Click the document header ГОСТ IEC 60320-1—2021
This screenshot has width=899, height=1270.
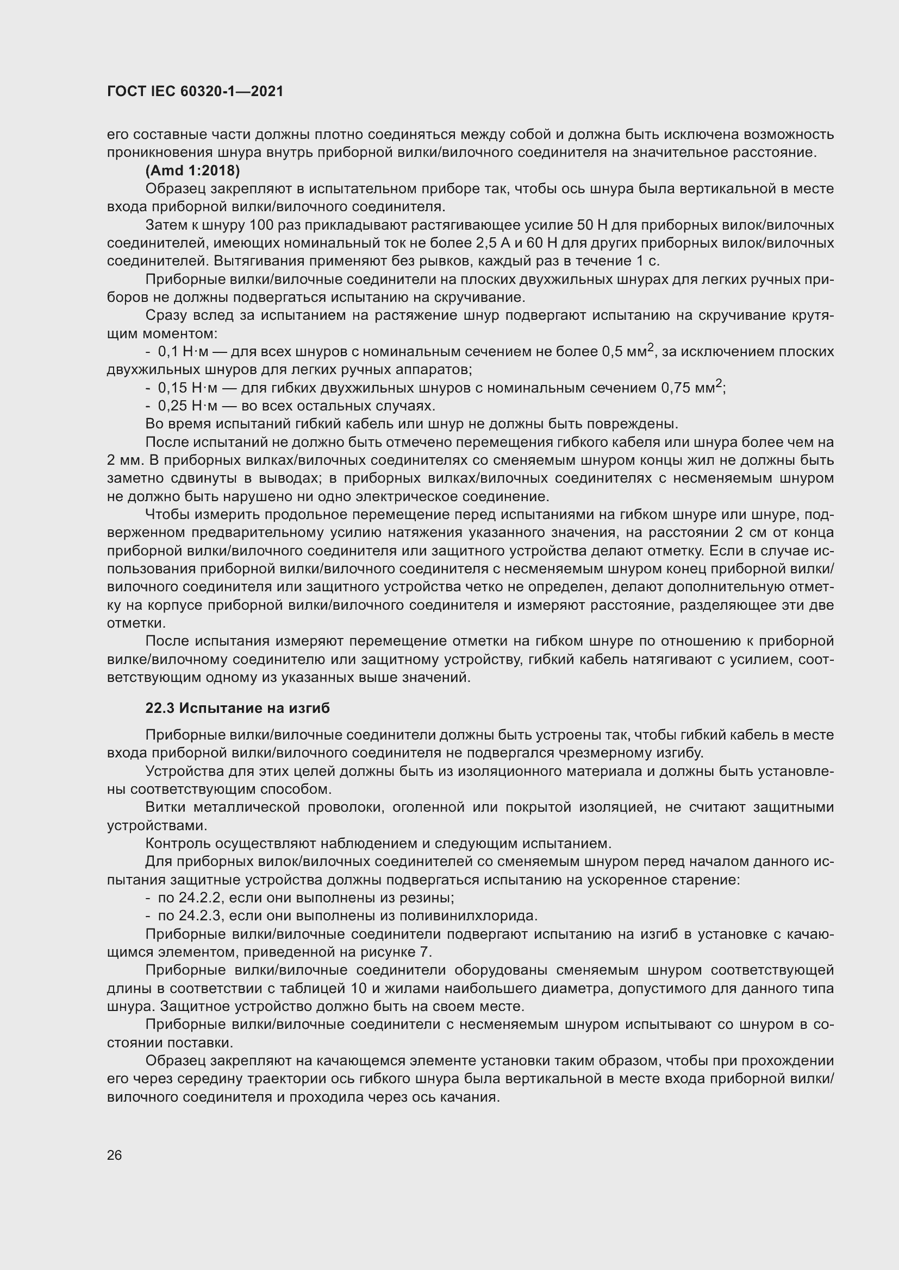[195, 92]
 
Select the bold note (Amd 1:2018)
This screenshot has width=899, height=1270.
[192, 170]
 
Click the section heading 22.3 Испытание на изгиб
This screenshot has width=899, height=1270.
[238, 709]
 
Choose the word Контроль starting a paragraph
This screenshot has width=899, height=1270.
[178, 843]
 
